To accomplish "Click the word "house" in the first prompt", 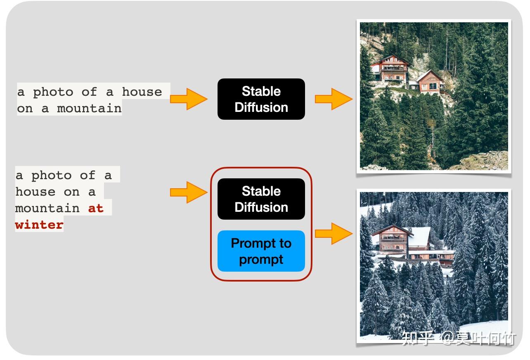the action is click(142, 92).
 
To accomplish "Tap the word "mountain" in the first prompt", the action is click(89, 108).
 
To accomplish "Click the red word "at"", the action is click(96, 208).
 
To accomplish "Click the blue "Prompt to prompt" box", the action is click(261, 251).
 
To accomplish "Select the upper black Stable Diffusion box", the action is click(261, 99).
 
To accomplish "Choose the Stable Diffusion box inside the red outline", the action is click(261, 199).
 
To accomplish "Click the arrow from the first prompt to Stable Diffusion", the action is click(189, 99).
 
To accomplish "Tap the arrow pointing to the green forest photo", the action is click(334, 99).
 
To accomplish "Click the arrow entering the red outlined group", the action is click(189, 192).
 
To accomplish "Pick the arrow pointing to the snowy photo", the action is click(334, 233).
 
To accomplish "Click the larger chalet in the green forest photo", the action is click(390, 69).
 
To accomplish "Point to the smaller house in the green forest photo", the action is click(429, 82).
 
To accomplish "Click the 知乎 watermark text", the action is click(418, 338).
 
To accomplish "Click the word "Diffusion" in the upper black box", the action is click(261, 107).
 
